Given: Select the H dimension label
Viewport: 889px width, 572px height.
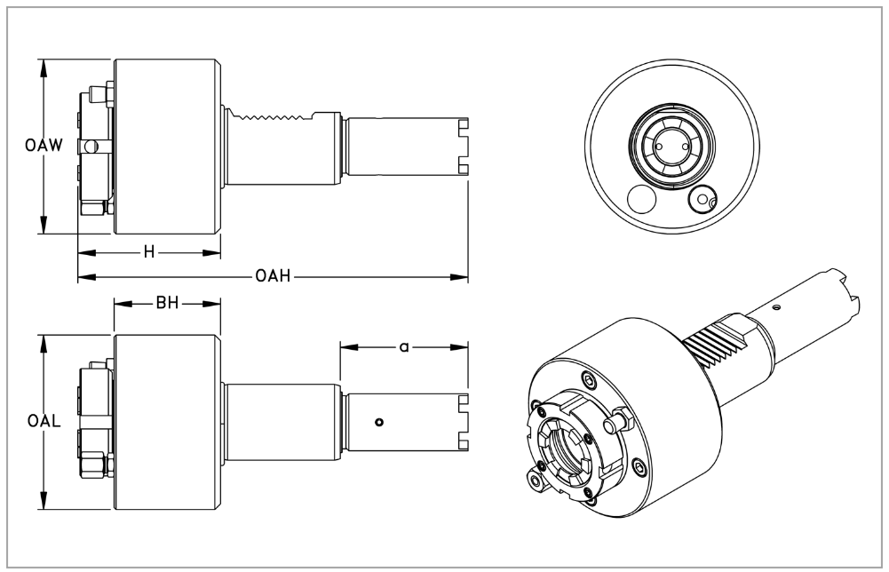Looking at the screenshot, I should (x=149, y=252).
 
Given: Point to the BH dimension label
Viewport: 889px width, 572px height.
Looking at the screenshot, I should (x=167, y=304).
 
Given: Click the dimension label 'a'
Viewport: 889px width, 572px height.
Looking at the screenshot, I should (x=404, y=346).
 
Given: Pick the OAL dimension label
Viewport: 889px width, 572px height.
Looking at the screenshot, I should (x=43, y=421).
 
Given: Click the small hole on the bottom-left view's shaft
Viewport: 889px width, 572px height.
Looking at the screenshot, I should (x=378, y=422).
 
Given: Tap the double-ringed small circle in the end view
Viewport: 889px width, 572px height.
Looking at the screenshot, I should (x=703, y=199).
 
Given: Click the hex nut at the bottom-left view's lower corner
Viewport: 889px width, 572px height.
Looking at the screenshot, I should (x=91, y=465).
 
